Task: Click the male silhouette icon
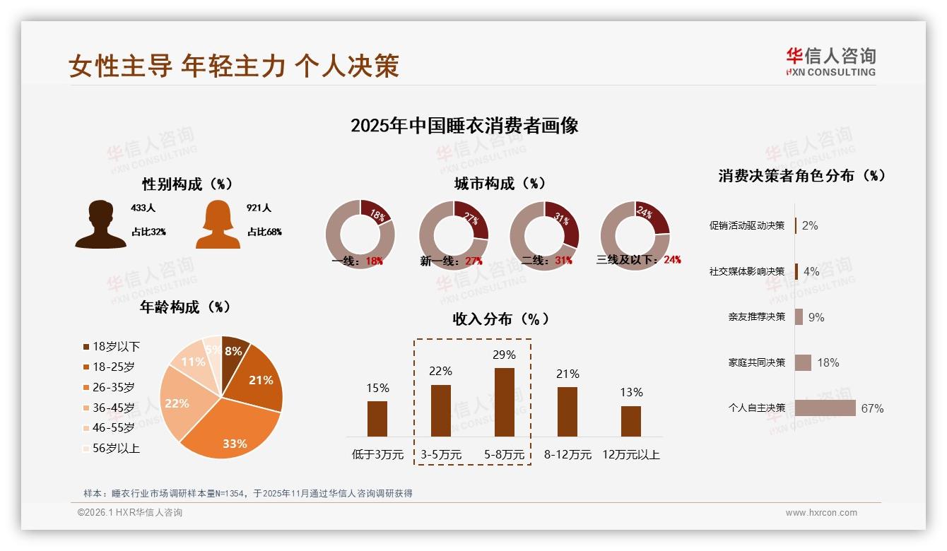click(x=100, y=224)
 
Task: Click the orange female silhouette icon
click(x=218, y=224)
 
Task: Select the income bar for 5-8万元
click(x=504, y=402)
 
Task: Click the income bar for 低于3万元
click(x=377, y=419)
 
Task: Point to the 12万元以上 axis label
click(x=630, y=455)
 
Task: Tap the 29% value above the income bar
click(x=504, y=355)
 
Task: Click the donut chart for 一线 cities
click(x=360, y=235)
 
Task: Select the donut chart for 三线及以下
click(x=635, y=235)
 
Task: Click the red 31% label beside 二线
click(x=563, y=261)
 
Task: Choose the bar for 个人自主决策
click(x=825, y=408)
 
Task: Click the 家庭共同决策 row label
click(x=756, y=362)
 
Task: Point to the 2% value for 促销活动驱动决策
click(x=810, y=226)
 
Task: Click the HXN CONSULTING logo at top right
click(x=830, y=62)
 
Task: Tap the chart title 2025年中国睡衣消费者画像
click(x=464, y=126)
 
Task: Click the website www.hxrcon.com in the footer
click(x=821, y=513)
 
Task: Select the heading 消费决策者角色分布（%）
click(x=801, y=176)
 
